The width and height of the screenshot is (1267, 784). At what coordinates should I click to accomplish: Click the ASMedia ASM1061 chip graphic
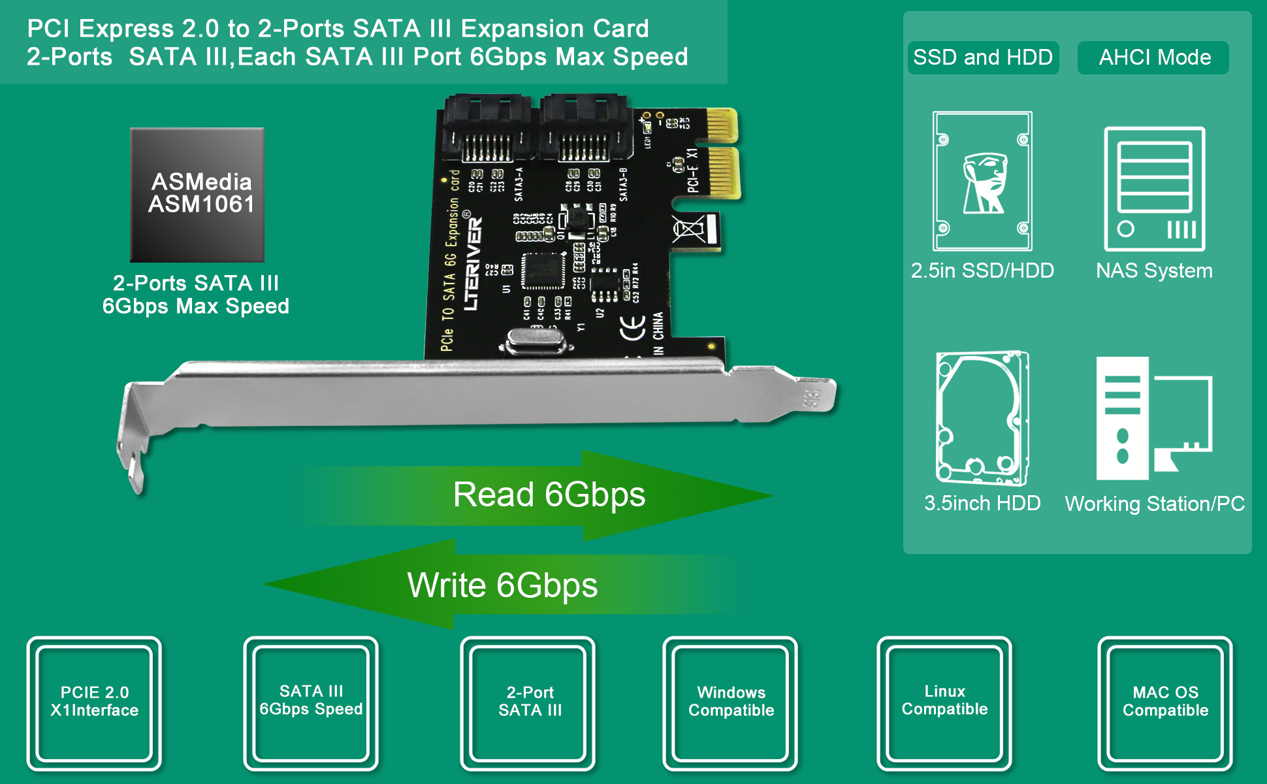(197, 194)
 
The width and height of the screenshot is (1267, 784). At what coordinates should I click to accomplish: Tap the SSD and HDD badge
(982, 57)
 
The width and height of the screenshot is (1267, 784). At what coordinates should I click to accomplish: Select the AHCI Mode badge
(1154, 57)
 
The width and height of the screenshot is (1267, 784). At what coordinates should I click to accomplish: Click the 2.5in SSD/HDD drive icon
(982, 181)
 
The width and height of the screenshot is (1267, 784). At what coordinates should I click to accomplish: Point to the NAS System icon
(1154, 189)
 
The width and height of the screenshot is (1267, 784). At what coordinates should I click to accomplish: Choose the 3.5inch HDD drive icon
(982, 418)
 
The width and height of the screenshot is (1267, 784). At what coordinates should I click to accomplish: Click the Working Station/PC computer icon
(1153, 418)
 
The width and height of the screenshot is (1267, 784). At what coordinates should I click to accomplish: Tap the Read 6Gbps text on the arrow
(549, 495)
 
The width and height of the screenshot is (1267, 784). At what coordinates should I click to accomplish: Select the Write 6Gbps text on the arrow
(502, 585)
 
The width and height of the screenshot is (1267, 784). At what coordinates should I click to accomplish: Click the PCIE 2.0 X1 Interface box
(95, 702)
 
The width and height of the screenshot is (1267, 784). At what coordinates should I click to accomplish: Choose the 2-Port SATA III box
(529, 702)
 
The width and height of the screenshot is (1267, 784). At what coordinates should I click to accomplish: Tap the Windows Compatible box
(731, 702)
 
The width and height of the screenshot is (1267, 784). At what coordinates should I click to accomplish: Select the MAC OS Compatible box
(1165, 702)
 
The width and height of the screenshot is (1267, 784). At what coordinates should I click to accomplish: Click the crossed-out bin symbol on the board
(688, 229)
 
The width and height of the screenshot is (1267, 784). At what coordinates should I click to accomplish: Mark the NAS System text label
(1154, 270)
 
